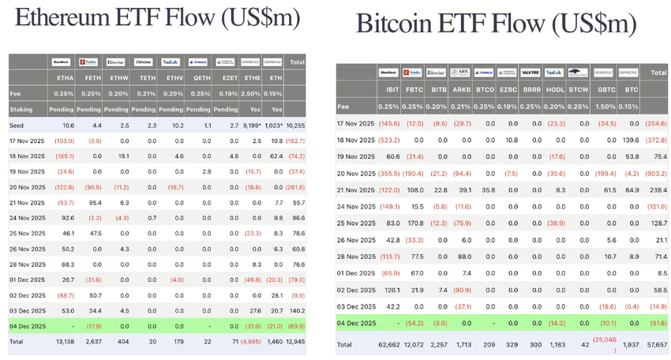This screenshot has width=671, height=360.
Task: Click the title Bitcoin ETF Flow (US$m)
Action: [x=496, y=23]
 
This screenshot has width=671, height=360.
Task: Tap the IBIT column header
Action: [x=388, y=91]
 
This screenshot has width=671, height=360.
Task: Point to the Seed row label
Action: [x=17, y=126]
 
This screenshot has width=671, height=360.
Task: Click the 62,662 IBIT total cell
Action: [x=388, y=345]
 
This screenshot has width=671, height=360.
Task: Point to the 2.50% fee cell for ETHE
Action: [x=252, y=94]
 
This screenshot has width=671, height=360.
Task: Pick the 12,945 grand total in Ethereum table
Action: [x=294, y=340]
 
